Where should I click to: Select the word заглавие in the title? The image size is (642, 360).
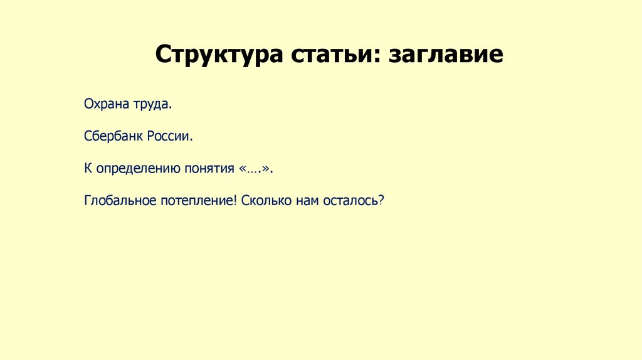[x=446, y=55]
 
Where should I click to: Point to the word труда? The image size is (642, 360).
[x=151, y=103]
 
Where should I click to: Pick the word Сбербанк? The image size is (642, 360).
[x=113, y=135]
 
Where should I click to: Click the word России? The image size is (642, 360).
[x=170, y=135]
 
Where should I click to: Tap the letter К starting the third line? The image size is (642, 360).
[x=88, y=168]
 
